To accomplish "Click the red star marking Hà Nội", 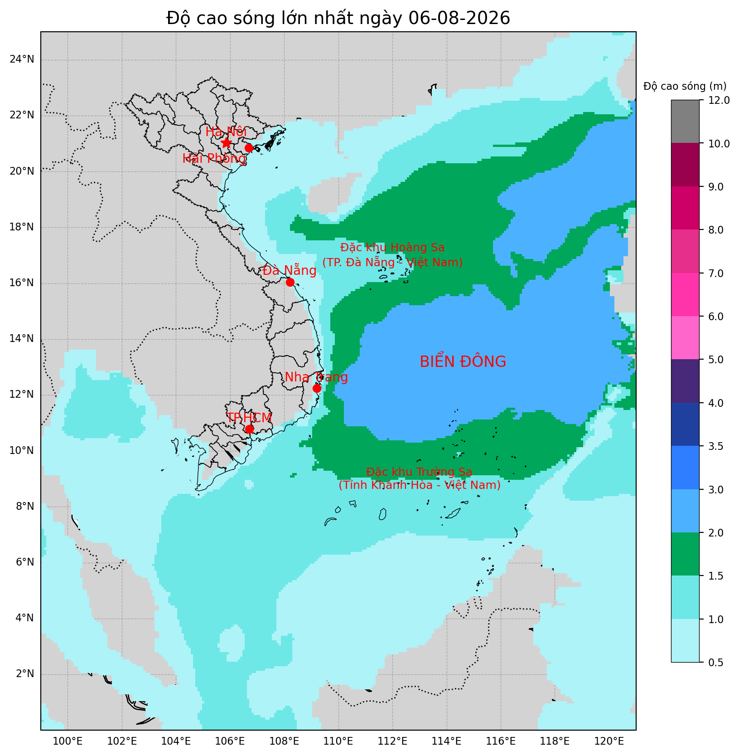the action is click(x=226, y=143).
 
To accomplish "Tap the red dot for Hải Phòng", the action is click(x=249, y=148).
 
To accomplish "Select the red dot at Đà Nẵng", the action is click(x=290, y=282).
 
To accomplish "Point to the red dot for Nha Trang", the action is click(x=317, y=388).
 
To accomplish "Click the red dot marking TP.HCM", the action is click(x=249, y=429).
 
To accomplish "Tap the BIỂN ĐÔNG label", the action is click(x=463, y=362).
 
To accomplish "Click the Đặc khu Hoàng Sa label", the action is click(x=392, y=248).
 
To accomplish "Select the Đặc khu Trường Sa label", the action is click(x=419, y=472).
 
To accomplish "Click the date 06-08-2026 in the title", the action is click(x=459, y=18).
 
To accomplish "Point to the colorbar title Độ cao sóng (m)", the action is click(x=685, y=86).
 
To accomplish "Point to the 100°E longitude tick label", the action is click(x=68, y=741).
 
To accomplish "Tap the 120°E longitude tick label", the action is click(x=609, y=741).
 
